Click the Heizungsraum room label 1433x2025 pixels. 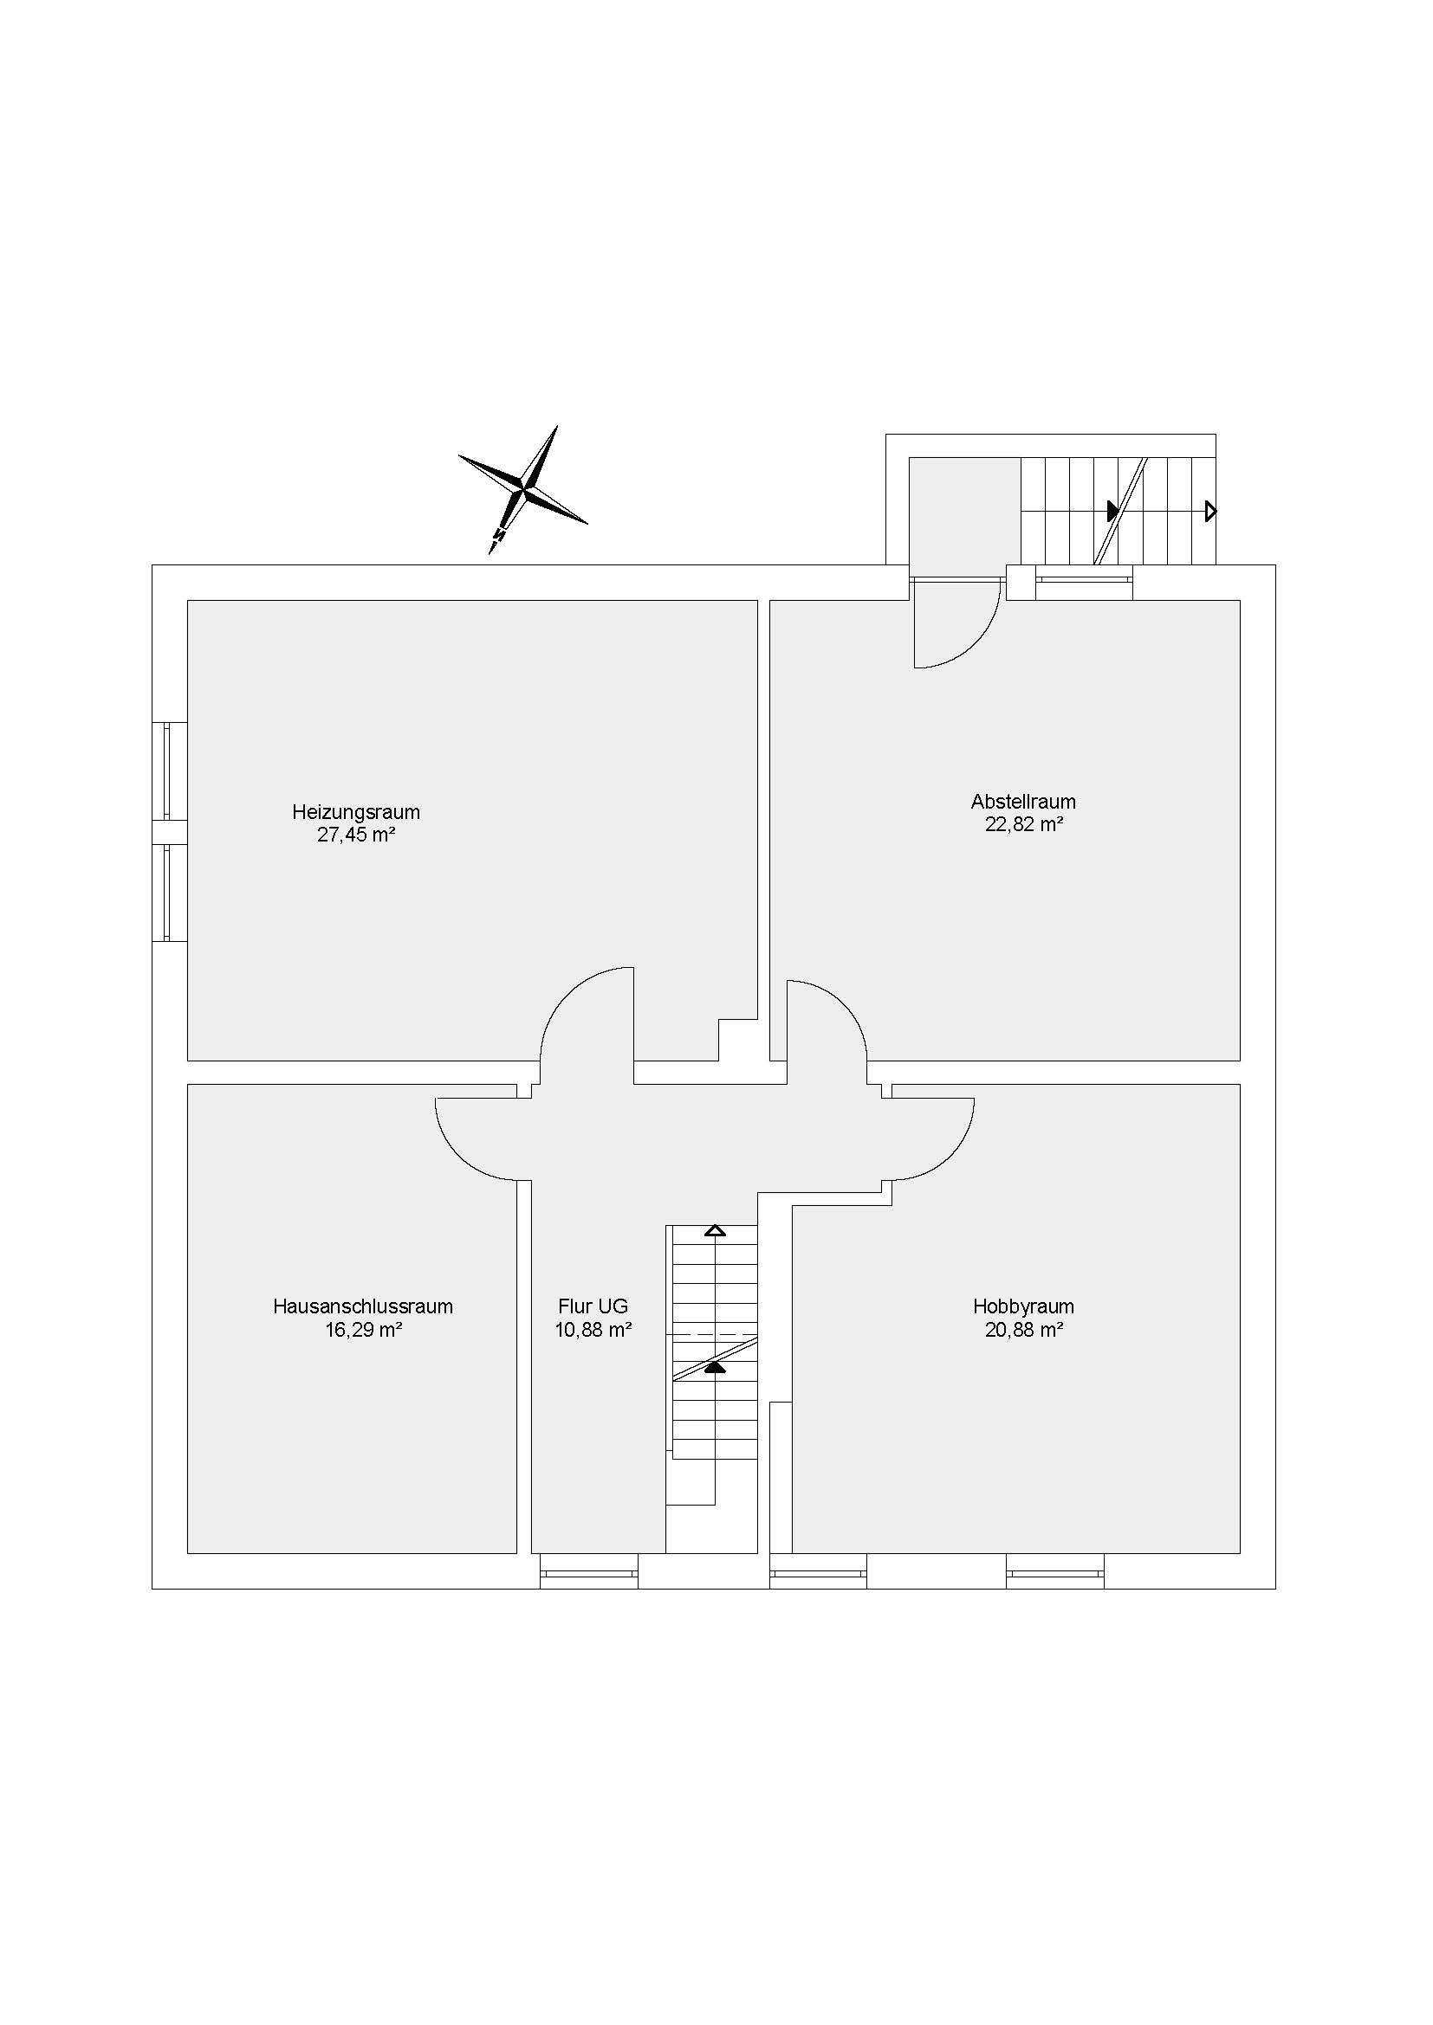355,811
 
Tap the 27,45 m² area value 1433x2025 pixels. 355,835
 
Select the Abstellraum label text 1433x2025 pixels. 1023,802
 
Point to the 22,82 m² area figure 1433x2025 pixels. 1023,825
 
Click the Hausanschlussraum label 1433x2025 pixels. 363,1306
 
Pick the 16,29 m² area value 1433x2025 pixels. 364,1329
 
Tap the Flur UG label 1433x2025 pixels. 593,1306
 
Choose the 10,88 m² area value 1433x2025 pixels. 593,1329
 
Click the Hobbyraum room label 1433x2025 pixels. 1023,1306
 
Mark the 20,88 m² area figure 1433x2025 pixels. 1023,1329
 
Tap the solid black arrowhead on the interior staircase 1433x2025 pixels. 715,1368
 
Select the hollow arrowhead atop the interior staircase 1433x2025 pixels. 716,1230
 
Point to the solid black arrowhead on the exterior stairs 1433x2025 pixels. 1113,511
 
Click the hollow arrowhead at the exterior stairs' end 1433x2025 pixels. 1211,511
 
